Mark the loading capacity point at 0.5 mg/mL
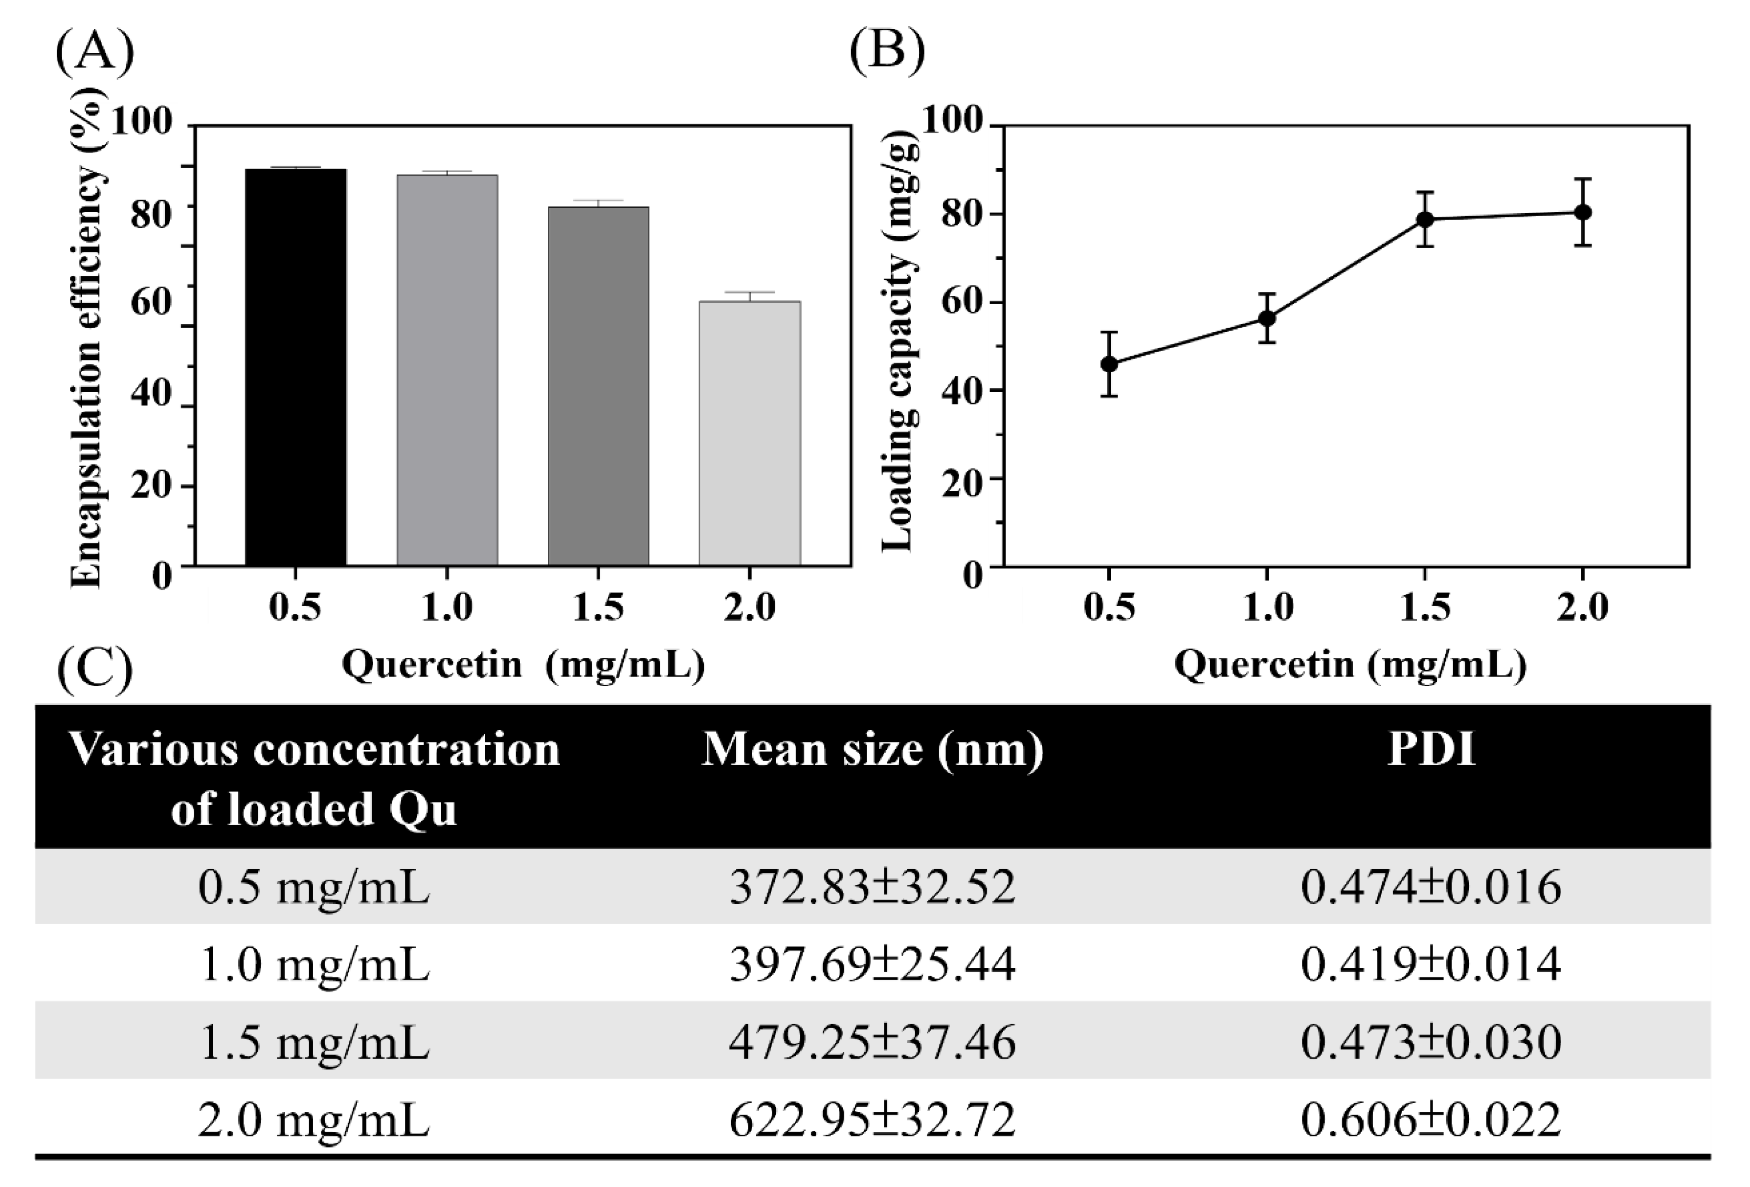pos(1108,364)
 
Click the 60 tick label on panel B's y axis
pos(962,303)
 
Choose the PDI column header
pos(1431,750)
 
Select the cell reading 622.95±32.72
pos(872,1120)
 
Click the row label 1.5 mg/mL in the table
pos(314,1042)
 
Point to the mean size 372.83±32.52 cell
pos(872,887)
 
